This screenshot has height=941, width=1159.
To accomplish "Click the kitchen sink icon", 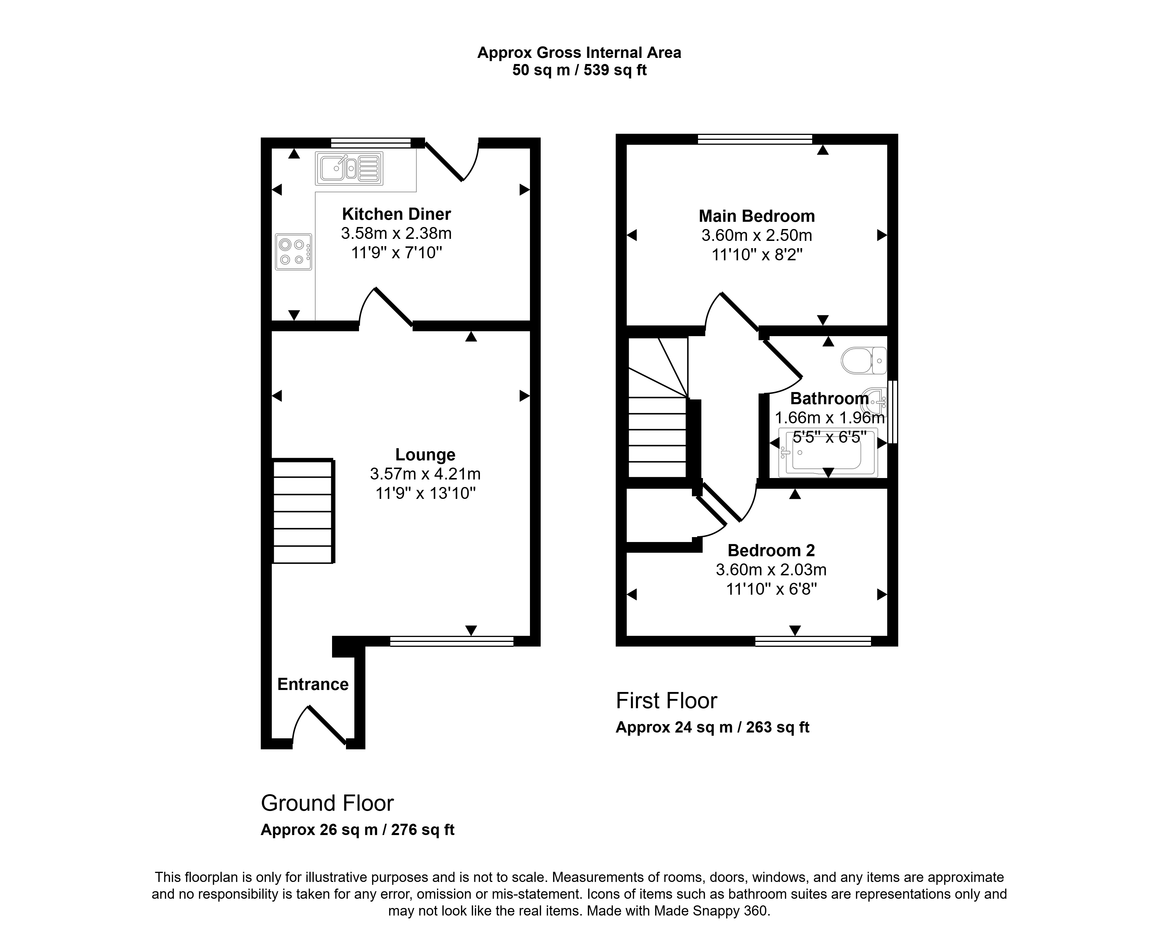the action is tap(349, 169).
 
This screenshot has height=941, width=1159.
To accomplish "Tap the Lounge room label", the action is tap(425, 455).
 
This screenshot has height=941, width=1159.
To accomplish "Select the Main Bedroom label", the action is tap(757, 216).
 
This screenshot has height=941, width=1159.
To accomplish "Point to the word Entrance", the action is tap(313, 684).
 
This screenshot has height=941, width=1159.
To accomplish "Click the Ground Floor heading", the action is tap(327, 803).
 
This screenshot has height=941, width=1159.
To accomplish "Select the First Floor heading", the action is tap(666, 701).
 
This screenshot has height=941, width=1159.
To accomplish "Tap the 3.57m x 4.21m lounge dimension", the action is tap(425, 474).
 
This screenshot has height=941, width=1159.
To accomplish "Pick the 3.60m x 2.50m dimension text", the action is tap(757, 236).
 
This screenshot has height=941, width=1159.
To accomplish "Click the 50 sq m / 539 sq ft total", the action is tap(579, 70).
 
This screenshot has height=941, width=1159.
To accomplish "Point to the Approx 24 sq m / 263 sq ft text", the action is tap(712, 727).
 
